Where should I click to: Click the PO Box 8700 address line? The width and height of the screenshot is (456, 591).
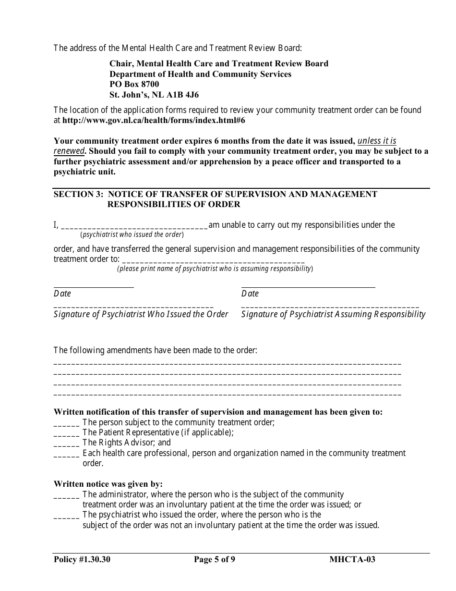134,85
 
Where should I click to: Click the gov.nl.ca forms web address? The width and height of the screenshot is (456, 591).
154,121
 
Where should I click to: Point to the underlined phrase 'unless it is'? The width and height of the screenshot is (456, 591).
377,141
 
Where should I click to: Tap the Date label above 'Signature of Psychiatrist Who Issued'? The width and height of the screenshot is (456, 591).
62,294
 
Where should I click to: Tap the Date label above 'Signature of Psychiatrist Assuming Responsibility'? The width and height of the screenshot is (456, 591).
250,294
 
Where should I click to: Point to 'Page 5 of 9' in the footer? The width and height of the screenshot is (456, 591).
215,559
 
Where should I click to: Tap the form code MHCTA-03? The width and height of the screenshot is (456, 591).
352,559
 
